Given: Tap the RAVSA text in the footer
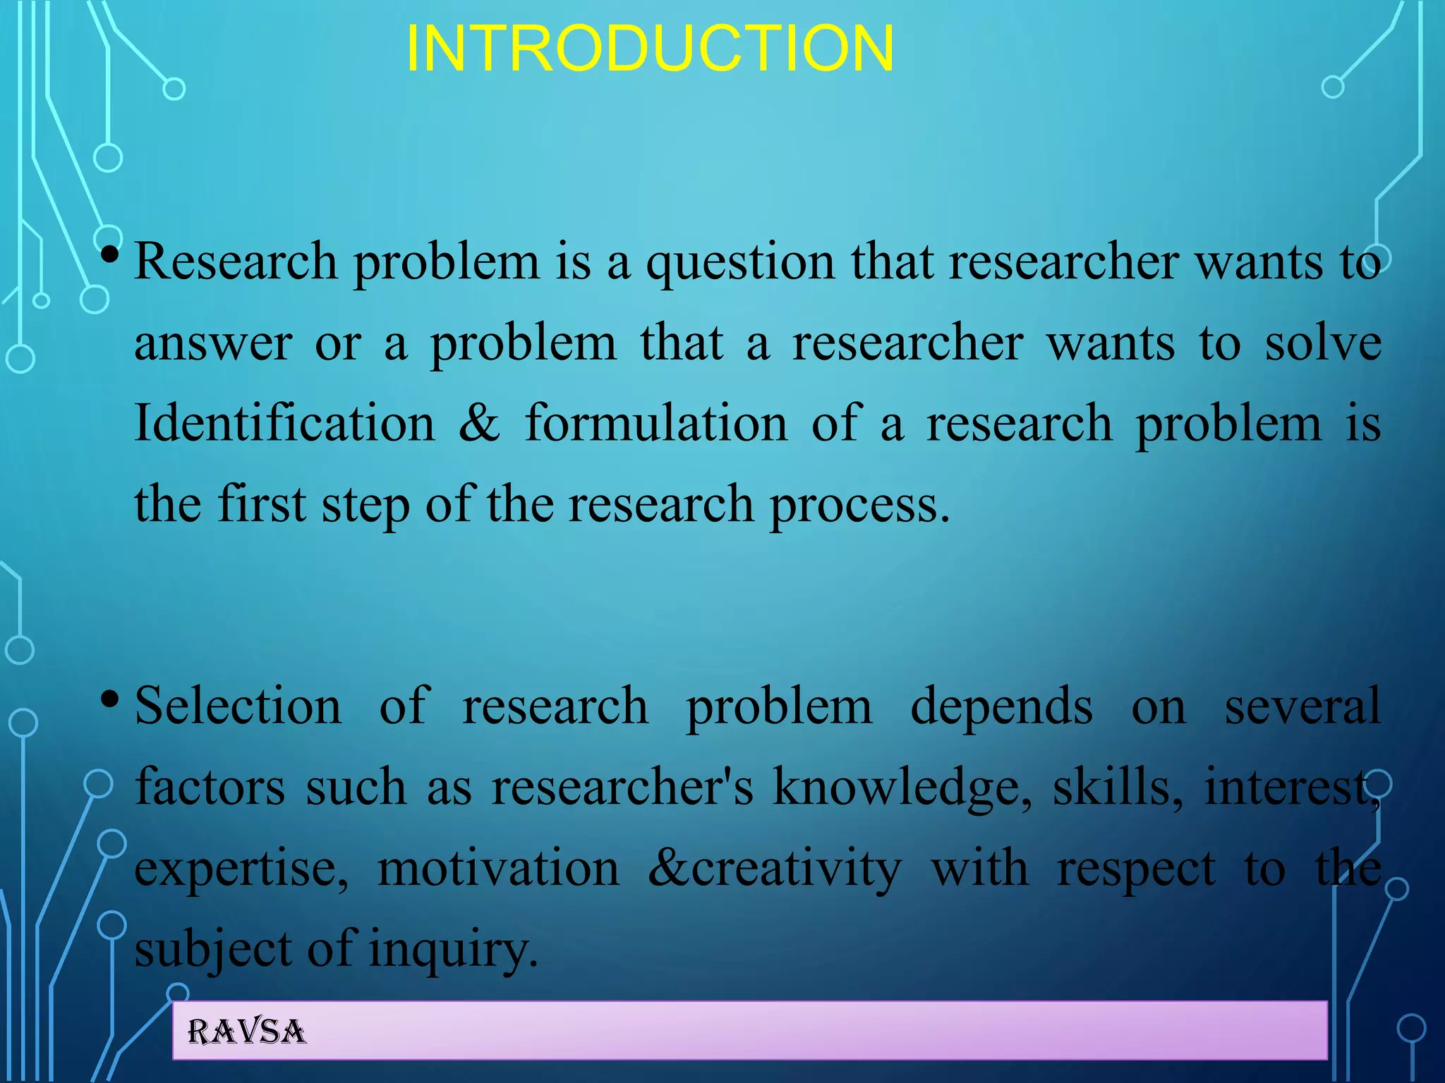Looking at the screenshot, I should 246,1032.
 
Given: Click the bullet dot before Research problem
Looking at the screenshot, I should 109,255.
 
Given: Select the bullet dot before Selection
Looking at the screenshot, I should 109,699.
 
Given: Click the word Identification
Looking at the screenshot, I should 285,424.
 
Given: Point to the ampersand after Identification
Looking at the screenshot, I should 479,424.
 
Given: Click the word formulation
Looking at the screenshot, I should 655,424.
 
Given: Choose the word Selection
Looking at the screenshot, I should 238,706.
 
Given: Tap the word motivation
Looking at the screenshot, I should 498,868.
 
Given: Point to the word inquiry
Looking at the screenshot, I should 452,950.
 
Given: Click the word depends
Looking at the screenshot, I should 1001,707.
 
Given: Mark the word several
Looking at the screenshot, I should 1302,706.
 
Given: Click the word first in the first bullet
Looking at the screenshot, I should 262,504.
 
